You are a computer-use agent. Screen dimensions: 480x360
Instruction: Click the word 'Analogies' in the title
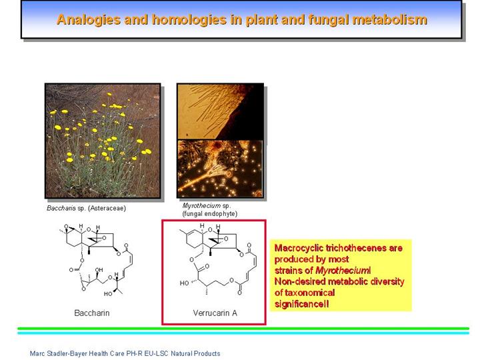pyautogui.click(x=89, y=20)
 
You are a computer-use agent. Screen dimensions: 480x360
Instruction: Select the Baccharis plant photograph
pyautogui.click(x=103, y=141)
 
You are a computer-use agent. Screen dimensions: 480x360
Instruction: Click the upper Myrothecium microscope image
pyautogui.click(x=220, y=111)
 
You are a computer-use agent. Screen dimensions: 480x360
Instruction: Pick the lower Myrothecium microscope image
pyautogui.click(x=220, y=169)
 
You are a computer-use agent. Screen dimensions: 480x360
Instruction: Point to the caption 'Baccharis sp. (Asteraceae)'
pyautogui.click(x=86, y=208)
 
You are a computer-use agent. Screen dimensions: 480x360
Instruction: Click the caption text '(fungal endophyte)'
pyautogui.click(x=210, y=214)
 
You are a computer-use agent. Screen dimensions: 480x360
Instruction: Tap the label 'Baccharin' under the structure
pyautogui.click(x=92, y=313)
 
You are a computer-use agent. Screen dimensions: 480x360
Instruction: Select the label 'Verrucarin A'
pyautogui.click(x=215, y=313)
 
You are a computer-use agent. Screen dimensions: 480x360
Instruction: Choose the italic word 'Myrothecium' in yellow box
pyautogui.click(x=341, y=271)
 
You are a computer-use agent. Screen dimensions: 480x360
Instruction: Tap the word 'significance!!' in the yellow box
pyautogui.click(x=302, y=304)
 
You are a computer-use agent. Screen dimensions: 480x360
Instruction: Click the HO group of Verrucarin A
pyautogui.click(x=184, y=283)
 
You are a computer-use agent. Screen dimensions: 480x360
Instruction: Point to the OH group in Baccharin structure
pyautogui.click(x=99, y=270)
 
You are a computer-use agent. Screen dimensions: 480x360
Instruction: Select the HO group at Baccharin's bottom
pyautogui.click(x=108, y=294)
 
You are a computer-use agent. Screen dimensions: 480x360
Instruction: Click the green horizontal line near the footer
pyautogui.click(x=243, y=329)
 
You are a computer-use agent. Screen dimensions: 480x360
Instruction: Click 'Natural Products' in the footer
pyautogui.click(x=195, y=353)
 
